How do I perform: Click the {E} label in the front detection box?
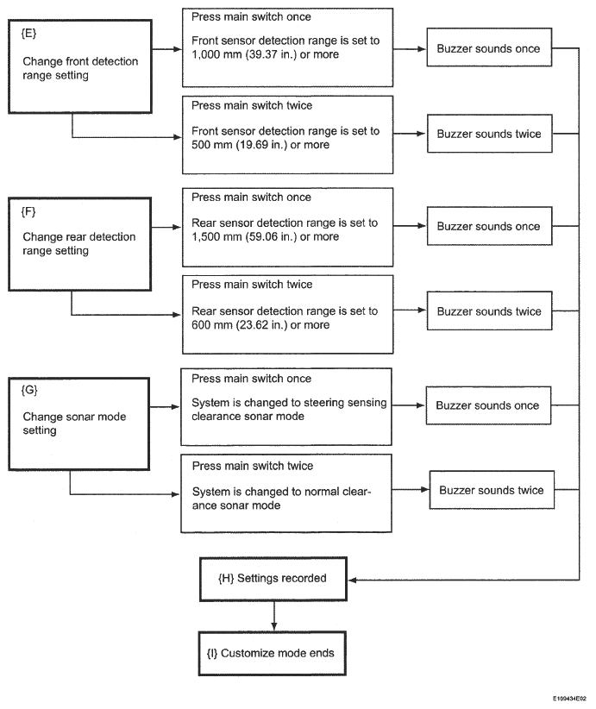[28, 34]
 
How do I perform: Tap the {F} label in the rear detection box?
[28, 211]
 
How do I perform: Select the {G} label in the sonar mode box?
[29, 390]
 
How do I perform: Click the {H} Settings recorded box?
[273, 579]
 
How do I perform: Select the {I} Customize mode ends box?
[273, 654]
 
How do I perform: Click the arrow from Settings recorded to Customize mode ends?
[273, 617]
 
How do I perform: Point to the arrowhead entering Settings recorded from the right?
[352, 580]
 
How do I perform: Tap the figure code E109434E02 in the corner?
[569, 699]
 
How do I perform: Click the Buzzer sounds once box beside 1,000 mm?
[489, 47]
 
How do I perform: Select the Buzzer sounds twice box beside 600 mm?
[489, 311]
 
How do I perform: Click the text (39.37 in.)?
[270, 54]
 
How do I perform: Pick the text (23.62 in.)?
[261, 325]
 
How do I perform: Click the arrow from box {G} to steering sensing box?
[165, 407]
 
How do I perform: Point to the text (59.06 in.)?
[271, 237]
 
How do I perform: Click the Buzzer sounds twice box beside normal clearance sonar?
[492, 490]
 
